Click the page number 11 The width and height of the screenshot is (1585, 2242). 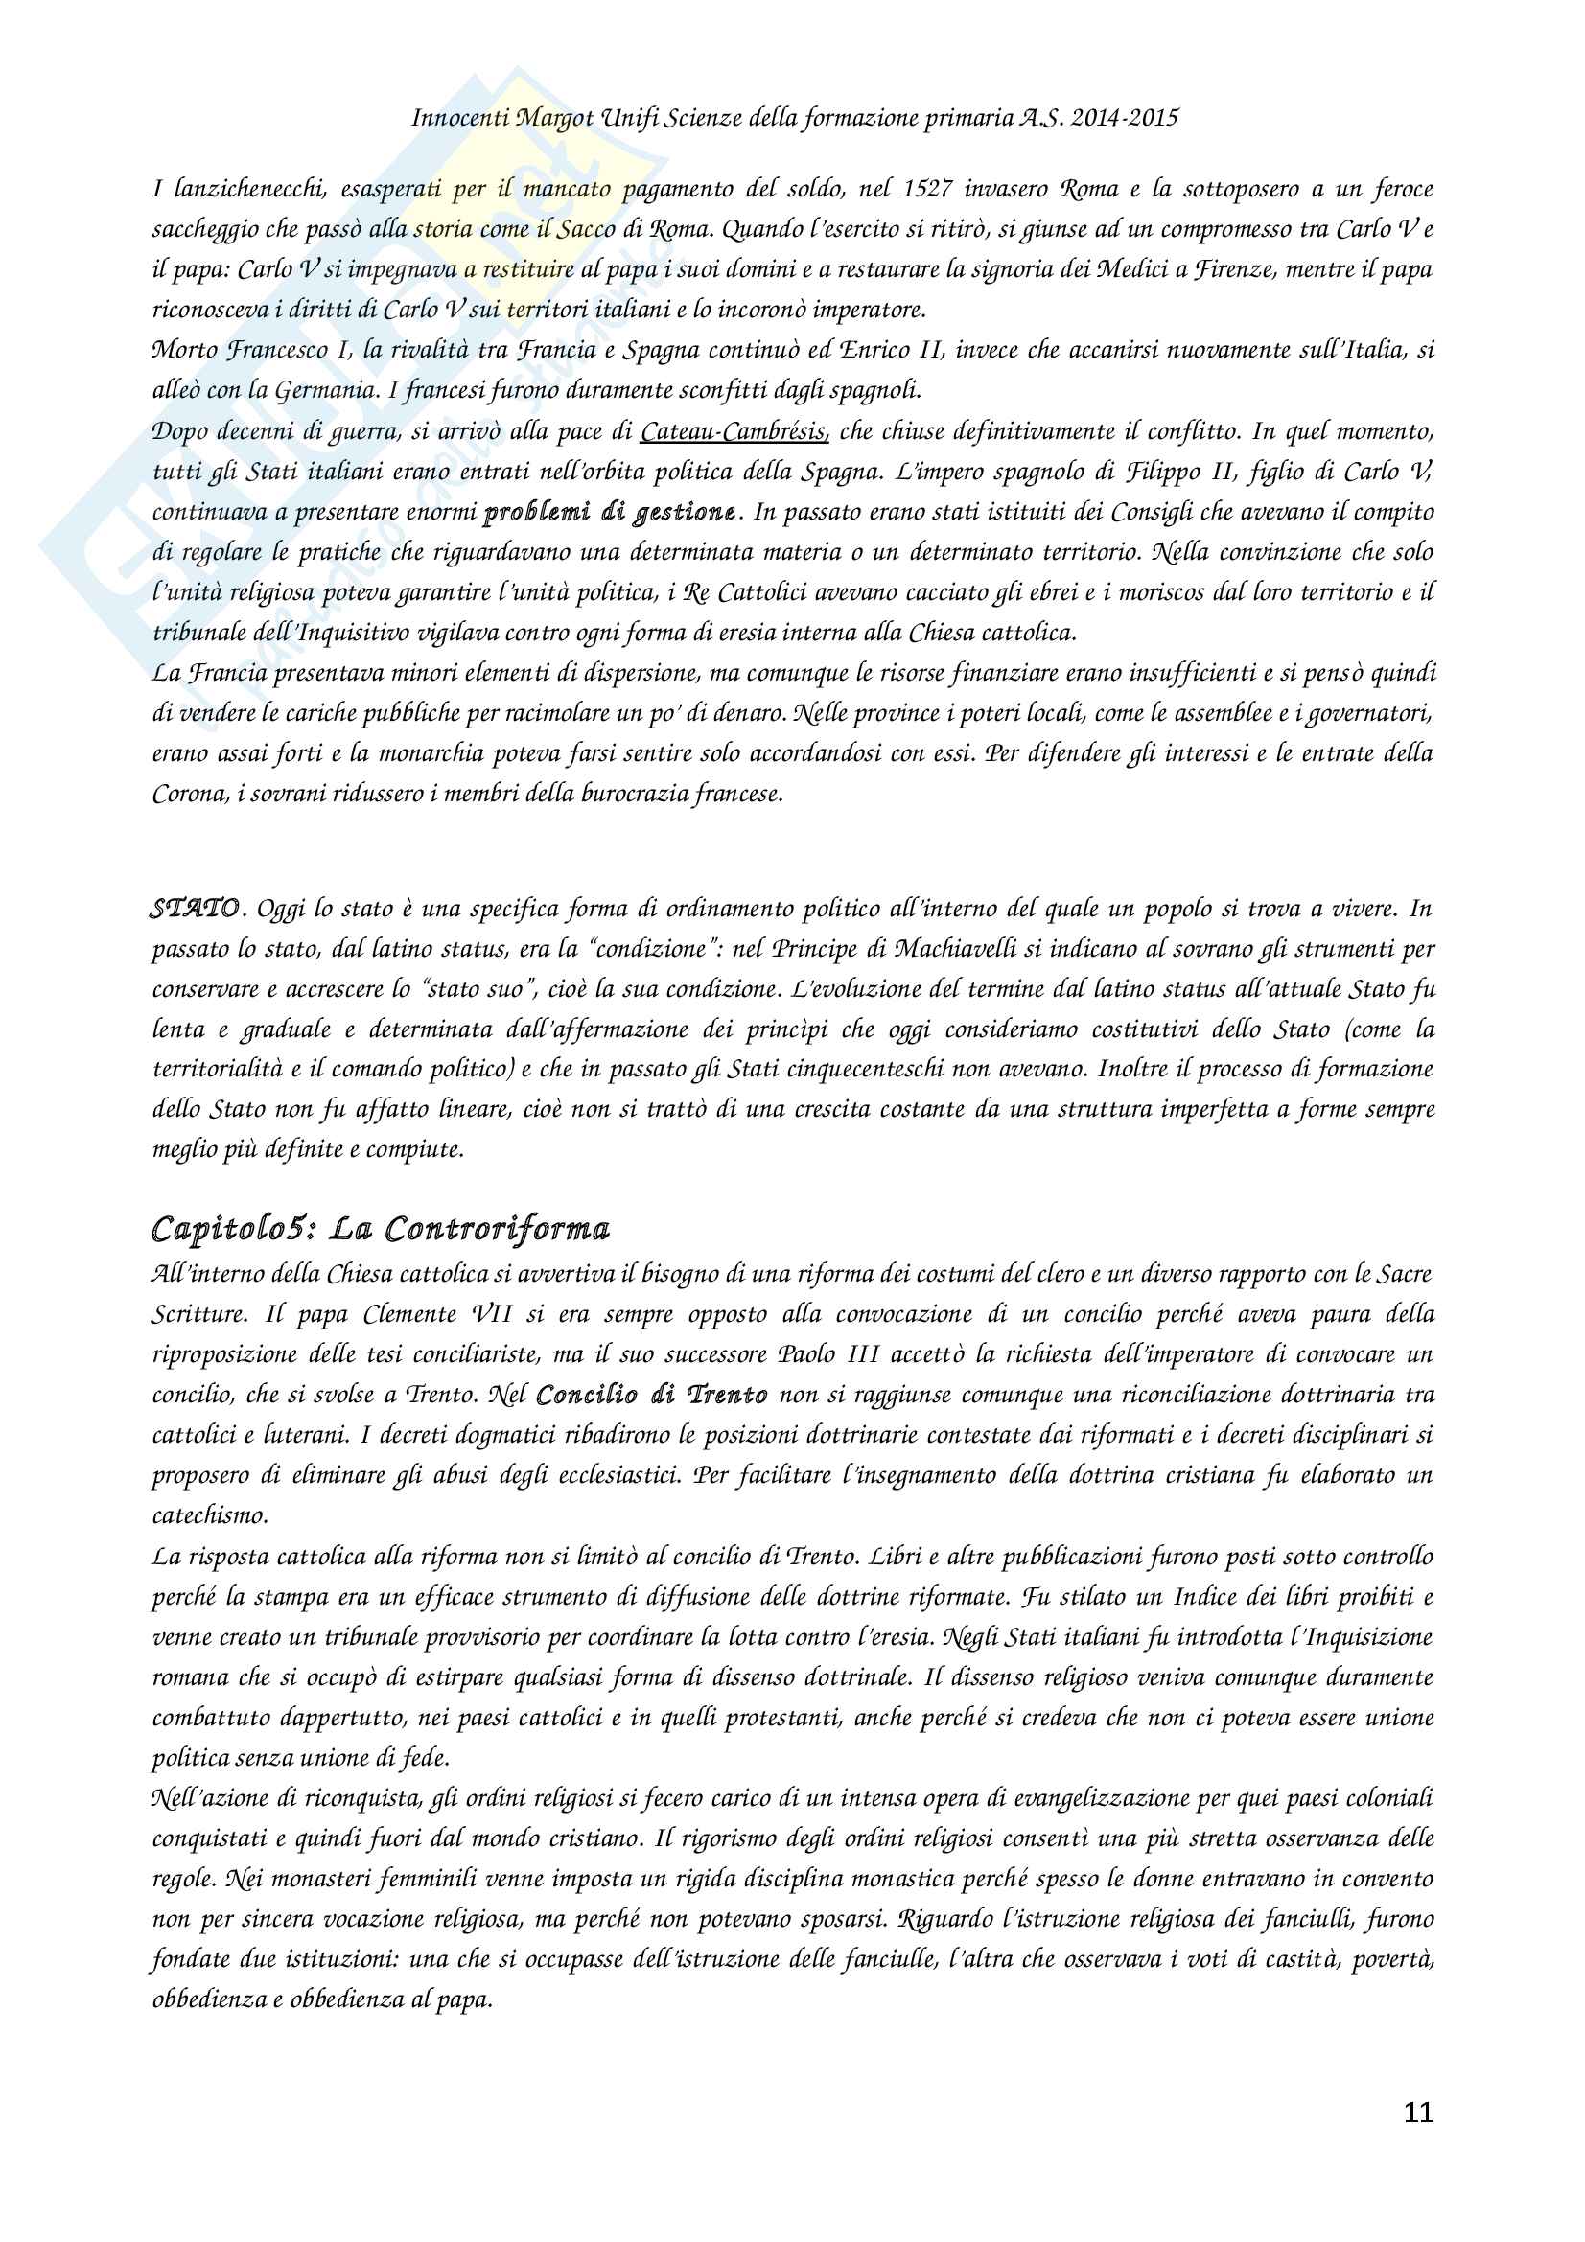coord(1418,2113)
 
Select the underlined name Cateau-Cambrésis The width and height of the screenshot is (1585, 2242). coord(734,431)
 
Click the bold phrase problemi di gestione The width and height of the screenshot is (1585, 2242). coord(611,513)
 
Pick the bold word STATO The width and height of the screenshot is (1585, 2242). coord(196,908)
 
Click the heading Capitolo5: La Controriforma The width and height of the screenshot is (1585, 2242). coord(381,1229)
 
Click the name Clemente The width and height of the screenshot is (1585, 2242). coord(410,1314)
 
